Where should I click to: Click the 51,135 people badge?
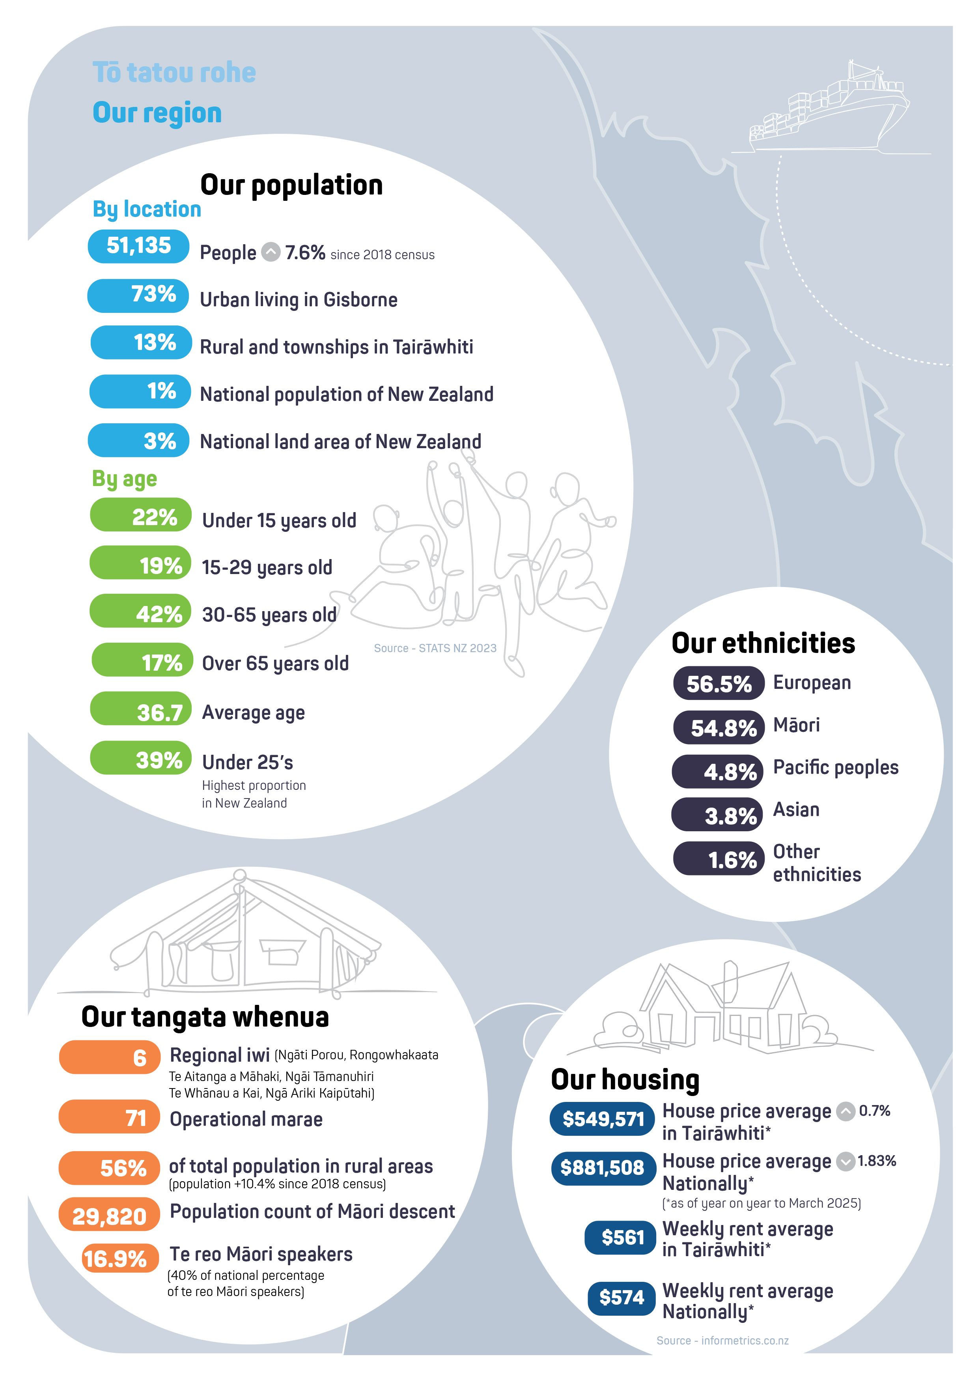[x=138, y=246]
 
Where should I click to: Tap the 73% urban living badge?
[x=138, y=296]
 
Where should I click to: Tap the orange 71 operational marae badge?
[x=110, y=1117]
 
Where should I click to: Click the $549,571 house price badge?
[x=602, y=1119]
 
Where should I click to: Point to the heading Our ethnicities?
[x=763, y=643]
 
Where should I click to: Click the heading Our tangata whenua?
[x=205, y=1017]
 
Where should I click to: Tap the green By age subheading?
[x=124, y=479]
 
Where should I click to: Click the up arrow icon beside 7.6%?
[x=271, y=252]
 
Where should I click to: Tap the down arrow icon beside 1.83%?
[x=846, y=1161]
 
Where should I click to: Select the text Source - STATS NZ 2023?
[x=435, y=648]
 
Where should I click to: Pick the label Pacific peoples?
[x=835, y=767]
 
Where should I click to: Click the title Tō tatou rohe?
[x=174, y=72]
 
